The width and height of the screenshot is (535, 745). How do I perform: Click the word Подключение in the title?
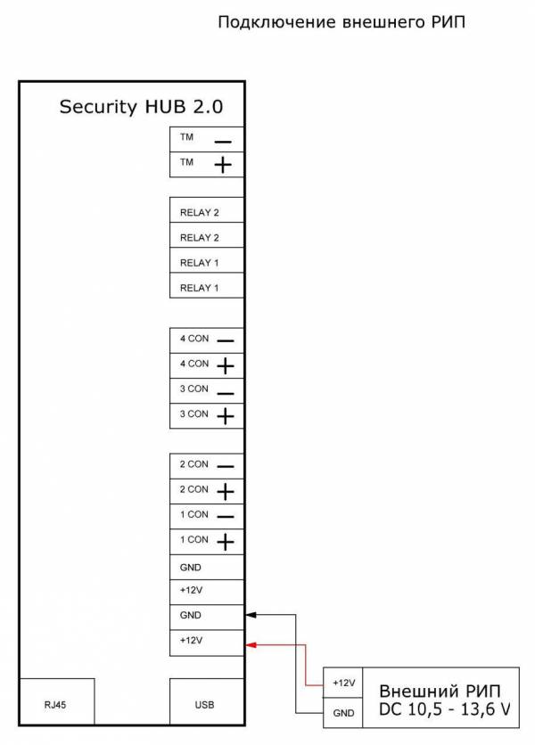coord(277,22)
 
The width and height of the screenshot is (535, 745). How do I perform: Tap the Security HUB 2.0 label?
coord(141,106)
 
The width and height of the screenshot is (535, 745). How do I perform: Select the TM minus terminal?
coord(207,139)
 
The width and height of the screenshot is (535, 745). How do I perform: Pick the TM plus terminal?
coord(207,164)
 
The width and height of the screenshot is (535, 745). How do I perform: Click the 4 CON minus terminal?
coord(207,340)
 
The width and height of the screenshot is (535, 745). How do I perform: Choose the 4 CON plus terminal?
coord(207,365)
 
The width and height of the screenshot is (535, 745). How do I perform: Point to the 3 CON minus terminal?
coord(207,390)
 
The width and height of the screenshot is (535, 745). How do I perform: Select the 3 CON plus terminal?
coord(207,416)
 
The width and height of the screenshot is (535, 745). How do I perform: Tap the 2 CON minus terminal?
coord(207,465)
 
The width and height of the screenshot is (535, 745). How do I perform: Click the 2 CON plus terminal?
coord(207,491)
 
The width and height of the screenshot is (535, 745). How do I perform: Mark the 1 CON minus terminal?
coord(207,516)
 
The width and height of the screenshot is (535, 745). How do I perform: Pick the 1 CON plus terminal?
coord(207,541)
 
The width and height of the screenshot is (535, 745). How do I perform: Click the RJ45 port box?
coord(56,701)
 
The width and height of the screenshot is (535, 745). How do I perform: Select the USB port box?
coord(207,701)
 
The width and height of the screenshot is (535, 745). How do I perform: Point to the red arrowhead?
coord(251,645)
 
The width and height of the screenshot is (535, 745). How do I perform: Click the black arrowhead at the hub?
coord(251,615)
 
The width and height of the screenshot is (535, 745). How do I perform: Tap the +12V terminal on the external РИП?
coord(343,683)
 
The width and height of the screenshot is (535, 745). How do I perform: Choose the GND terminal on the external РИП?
coord(343,713)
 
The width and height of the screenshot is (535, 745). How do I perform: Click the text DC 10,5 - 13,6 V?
coord(445,709)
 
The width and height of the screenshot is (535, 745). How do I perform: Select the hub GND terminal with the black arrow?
coord(207,618)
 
